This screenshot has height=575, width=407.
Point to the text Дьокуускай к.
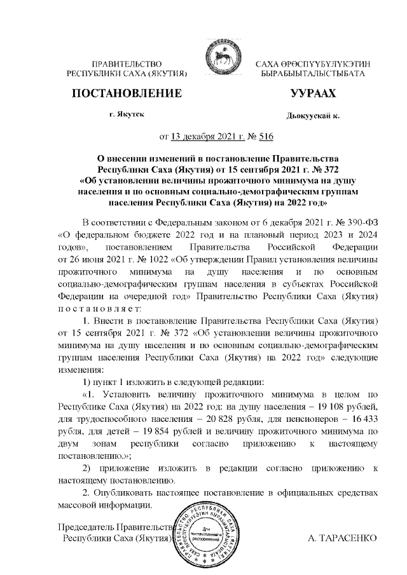pos(313,117)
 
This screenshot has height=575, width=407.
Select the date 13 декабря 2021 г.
pos(200,135)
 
